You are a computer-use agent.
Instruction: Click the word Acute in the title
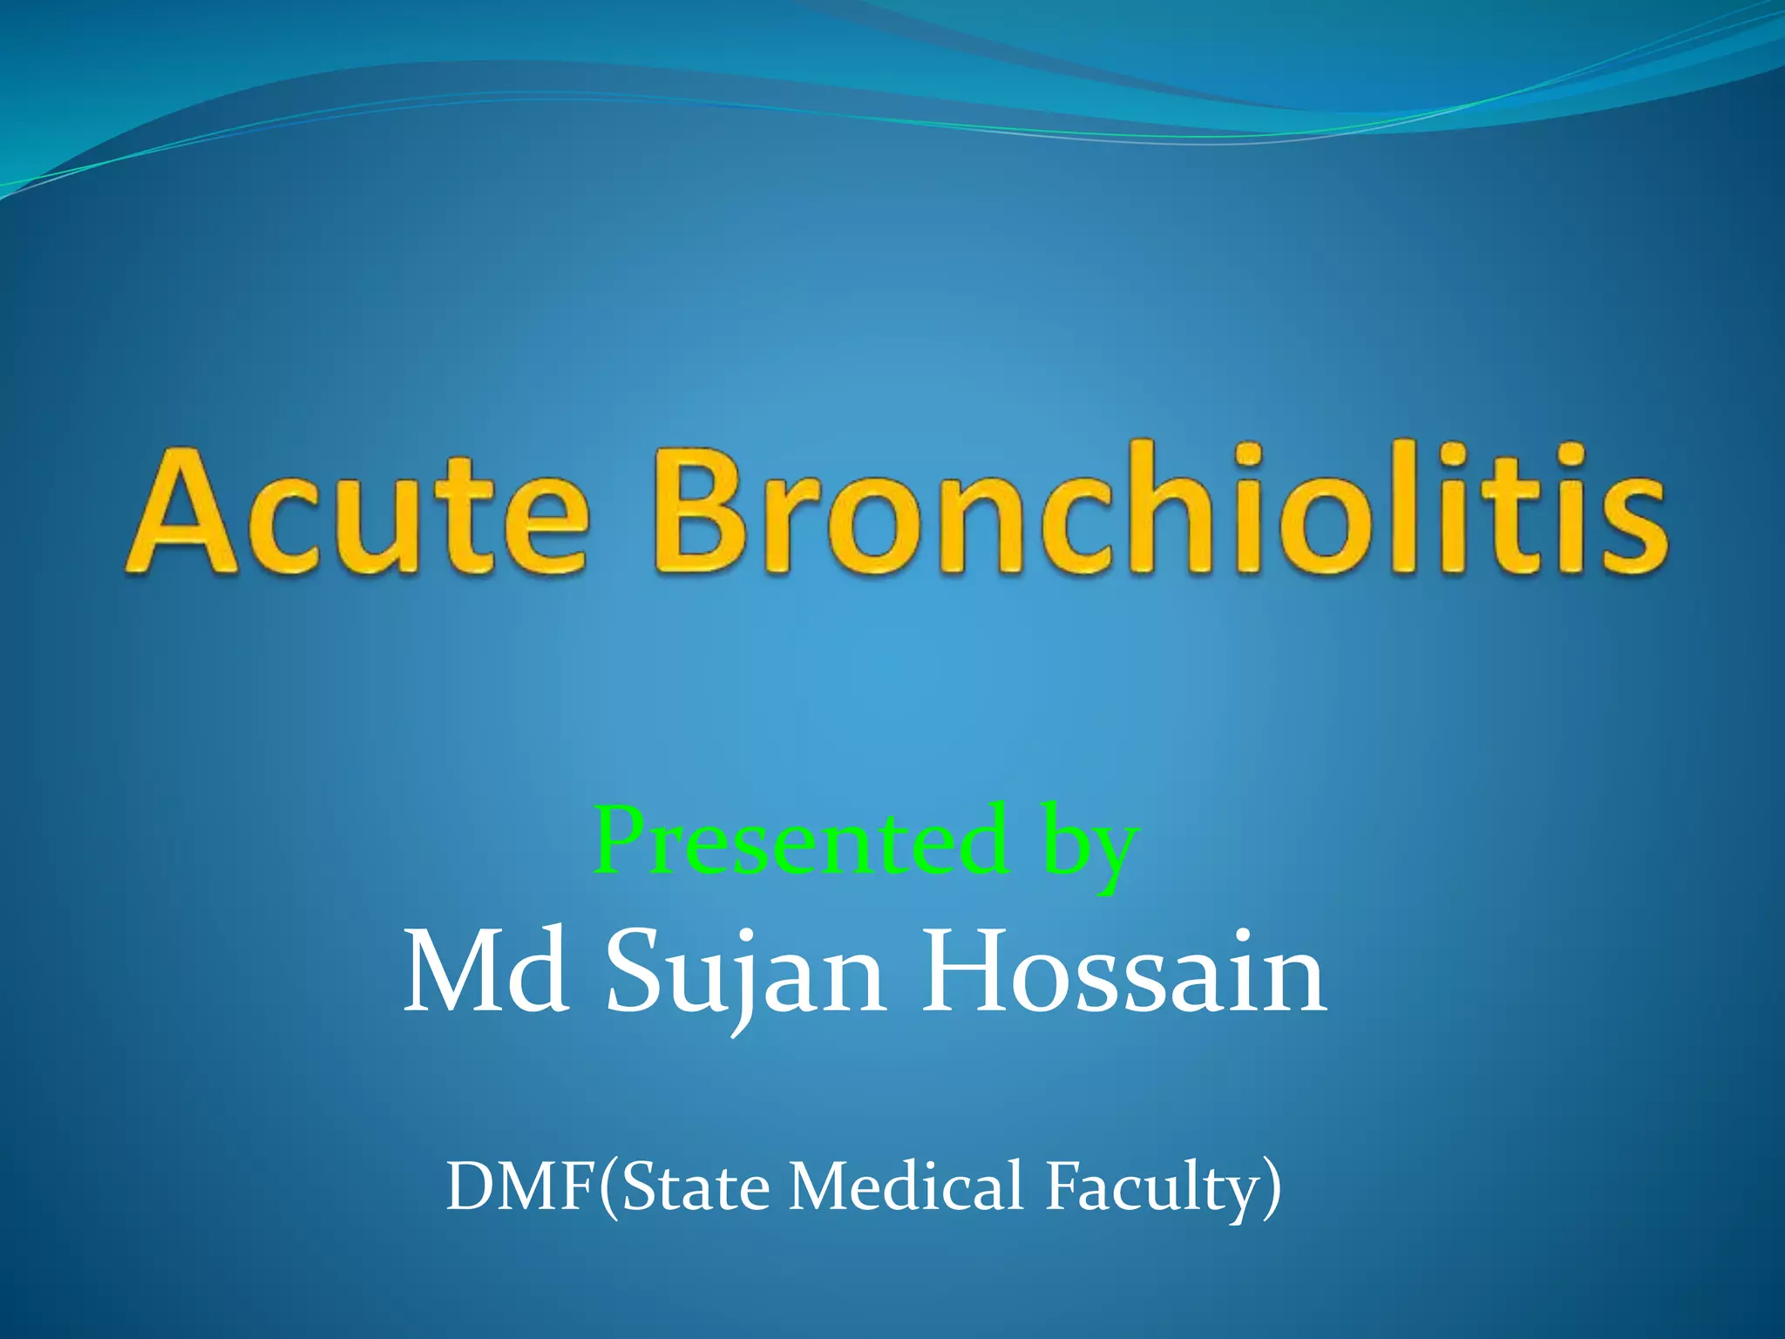pos(357,514)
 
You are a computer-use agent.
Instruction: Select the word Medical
pos(906,1186)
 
